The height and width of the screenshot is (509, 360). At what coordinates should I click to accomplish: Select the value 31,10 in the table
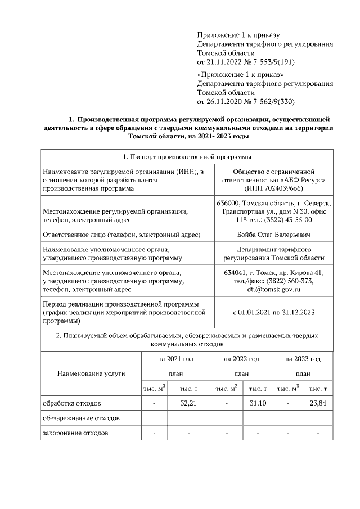257,403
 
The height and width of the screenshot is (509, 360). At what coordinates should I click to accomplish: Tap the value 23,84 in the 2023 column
318,403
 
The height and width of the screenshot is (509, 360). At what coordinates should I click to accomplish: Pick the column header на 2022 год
241,358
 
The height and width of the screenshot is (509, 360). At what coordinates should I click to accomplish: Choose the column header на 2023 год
303,358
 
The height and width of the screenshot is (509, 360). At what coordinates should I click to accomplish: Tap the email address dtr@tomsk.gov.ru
273,289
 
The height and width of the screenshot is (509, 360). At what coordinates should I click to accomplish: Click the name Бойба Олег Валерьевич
273,234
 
